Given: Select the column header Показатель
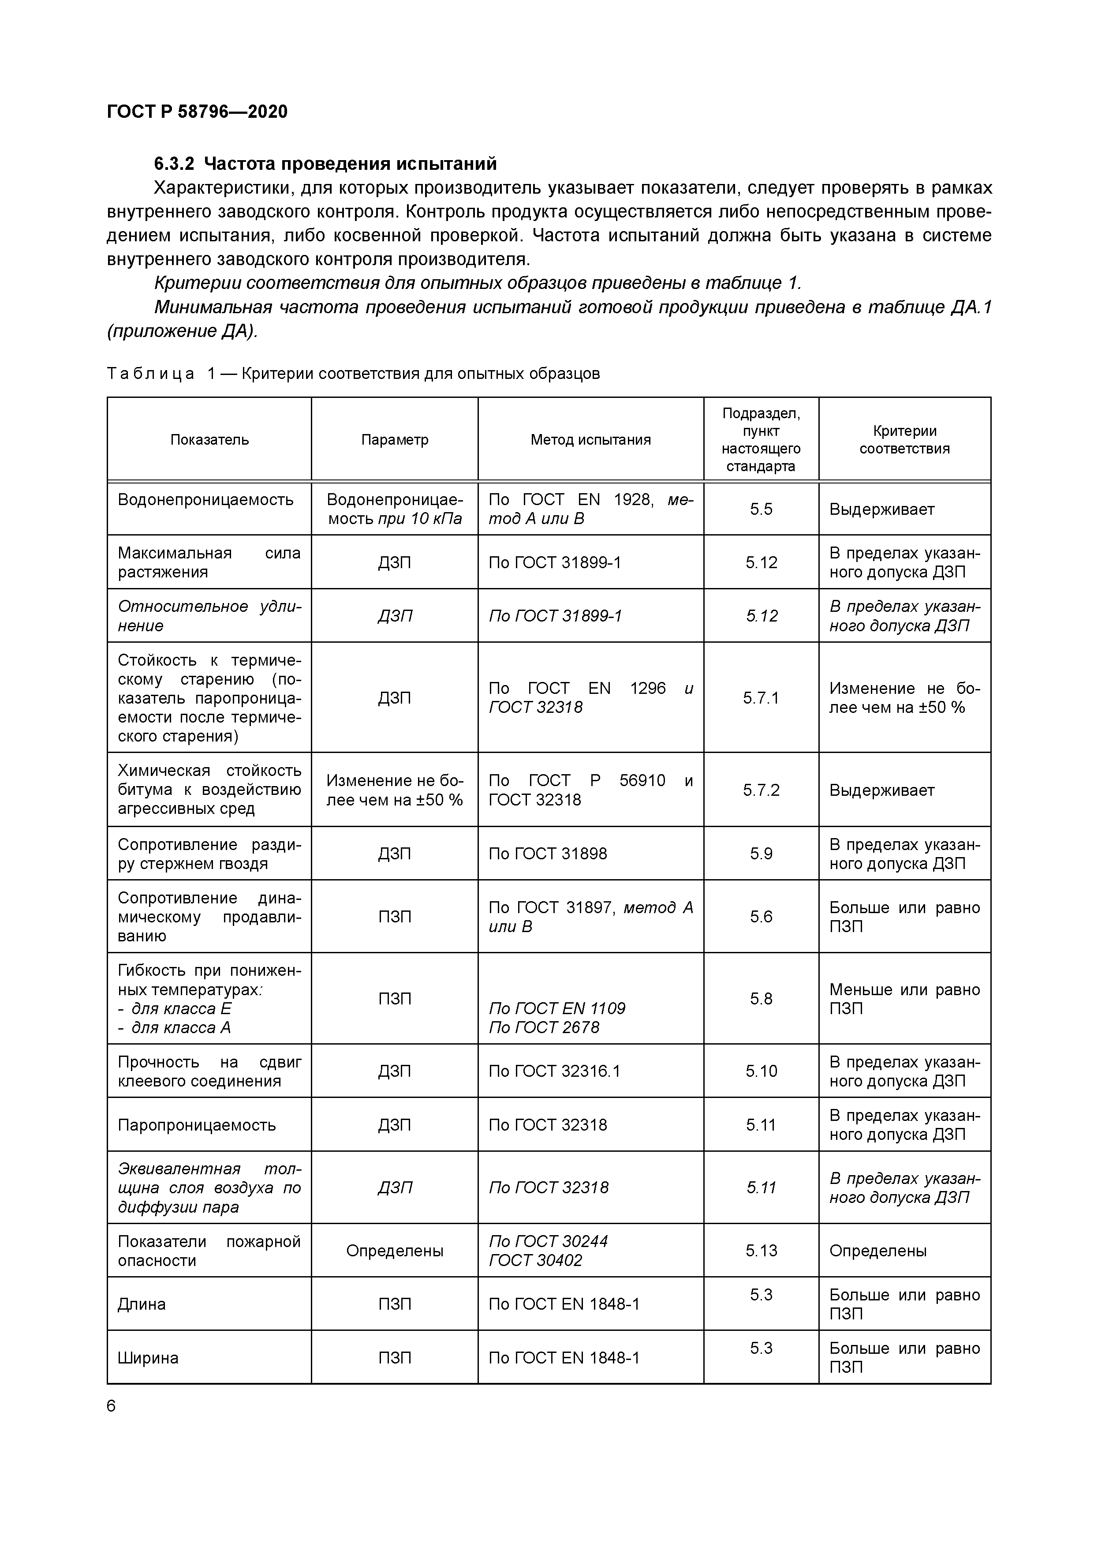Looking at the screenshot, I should pos(209,440).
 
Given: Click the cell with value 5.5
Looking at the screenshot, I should pos(761,509).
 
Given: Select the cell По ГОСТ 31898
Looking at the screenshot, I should pos(547,854).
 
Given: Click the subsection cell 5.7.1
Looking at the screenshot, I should pos(761,698).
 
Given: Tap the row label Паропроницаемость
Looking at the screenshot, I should pos(197,1125).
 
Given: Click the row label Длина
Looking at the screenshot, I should pos(142,1304).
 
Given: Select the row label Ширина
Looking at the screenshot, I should pos(148,1358).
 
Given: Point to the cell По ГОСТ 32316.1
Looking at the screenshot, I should pos(554,1071).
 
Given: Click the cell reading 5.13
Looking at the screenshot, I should pos(761,1251).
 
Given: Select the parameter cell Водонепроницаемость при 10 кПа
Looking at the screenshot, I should pos(394,509).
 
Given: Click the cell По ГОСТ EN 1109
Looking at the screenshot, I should pos(556,1009).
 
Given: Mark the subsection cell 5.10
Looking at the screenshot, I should pos(761,1071).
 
